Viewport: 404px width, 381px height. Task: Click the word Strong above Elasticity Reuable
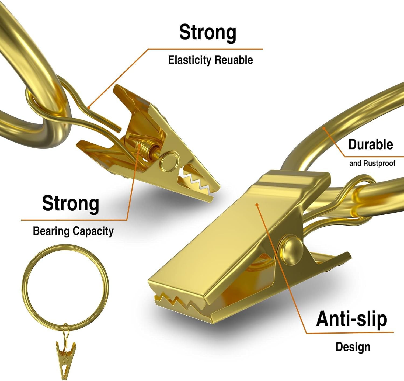tap(208, 33)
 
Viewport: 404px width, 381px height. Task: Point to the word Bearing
tap(51, 231)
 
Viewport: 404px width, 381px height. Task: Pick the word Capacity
tap(93, 231)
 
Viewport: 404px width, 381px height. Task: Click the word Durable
tap(371, 144)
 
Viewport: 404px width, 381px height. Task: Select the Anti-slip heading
tap(351, 319)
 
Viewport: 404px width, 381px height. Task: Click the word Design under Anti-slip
tap(353, 347)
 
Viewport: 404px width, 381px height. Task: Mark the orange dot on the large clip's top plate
tap(257, 205)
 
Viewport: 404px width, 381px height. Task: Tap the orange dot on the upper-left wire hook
tap(89, 107)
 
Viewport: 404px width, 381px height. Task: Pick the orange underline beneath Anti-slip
tap(350, 333)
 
